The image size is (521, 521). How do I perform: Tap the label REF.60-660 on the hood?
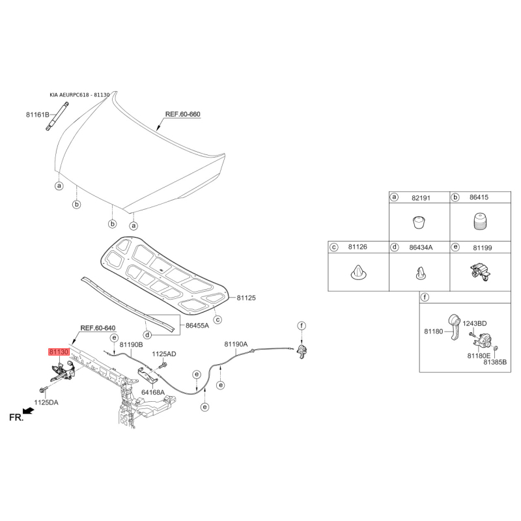pos(182,114)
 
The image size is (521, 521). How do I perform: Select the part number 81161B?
pos(38,115)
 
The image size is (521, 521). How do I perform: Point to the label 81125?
pos(246,298)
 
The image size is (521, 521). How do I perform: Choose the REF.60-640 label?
pos(98,328)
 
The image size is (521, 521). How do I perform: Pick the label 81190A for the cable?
pos(236,344)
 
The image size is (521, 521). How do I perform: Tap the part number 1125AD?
pos(164,354)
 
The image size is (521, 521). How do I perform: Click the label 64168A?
pos(153,392)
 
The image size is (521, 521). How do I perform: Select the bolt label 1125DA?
pos(46,402)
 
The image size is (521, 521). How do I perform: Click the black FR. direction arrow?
pos(27,411)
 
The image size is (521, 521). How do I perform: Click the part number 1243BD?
pos(475,323)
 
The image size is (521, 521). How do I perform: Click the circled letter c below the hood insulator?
pos(218,319)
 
